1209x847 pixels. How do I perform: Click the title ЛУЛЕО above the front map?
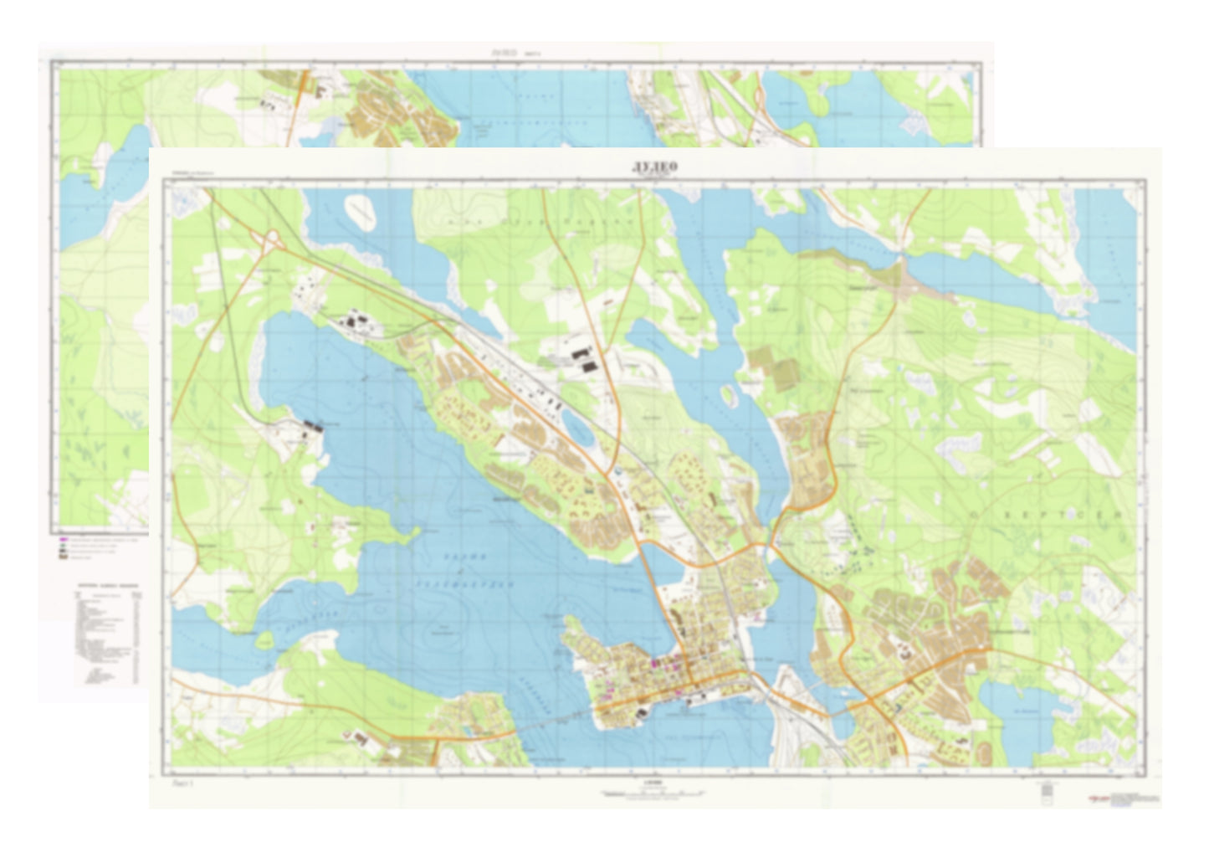654,166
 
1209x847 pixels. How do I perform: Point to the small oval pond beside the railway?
577,426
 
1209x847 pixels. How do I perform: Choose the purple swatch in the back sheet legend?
62,542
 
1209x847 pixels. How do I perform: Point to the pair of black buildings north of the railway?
584,359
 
